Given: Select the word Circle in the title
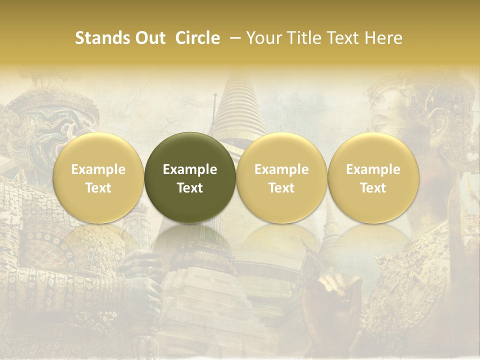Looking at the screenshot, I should tap(197, 38).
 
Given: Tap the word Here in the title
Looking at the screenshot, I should tap(382, 38).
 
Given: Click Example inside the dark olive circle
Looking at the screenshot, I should tap(190, 169).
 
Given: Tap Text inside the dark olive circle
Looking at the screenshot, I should tap(190, 188).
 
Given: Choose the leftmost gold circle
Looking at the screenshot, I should tap(98, 177).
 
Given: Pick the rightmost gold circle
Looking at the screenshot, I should tap(373, 177).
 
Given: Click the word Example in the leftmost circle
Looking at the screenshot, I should tap(98, 169).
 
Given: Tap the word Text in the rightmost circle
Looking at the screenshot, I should tap(373, 188).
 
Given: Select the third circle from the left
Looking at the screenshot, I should tap(281, 177).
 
